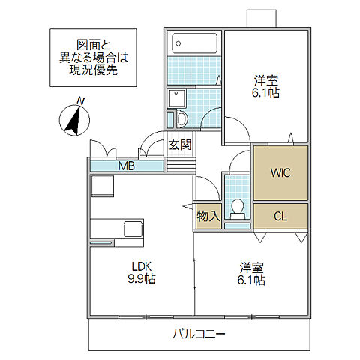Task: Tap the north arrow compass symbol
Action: coord(73,120)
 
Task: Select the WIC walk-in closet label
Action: coord(280,173)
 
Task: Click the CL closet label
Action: coord(280,217)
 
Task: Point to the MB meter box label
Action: coord(125,166)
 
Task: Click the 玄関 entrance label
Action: coord(179,145)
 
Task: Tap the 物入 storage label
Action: coord(208,216)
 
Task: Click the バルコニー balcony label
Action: coord(199,333)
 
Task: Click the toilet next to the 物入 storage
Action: coord(238,207)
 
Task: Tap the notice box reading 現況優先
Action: coord(93,56)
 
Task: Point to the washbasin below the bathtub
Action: coord(177,97)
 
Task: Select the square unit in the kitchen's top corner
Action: coord(101,186)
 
